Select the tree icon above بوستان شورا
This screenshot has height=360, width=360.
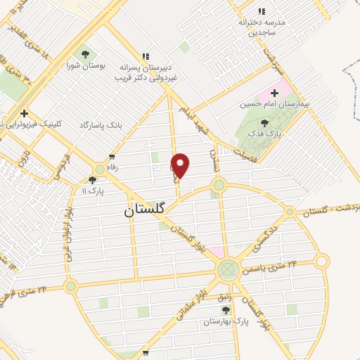coord(86,53)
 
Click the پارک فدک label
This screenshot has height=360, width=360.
coord(268,133)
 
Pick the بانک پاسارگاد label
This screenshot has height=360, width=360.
coord(100,124)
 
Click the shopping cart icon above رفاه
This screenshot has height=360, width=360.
coord(112,157)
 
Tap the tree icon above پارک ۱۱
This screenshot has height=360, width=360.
coord(92,180)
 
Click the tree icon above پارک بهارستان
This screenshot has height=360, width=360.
coord(226,309)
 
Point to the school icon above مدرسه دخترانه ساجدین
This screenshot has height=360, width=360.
coord(262,11)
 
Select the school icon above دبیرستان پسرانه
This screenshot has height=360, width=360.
coord(146,56)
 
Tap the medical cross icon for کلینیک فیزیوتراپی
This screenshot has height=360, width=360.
coord(25,112)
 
